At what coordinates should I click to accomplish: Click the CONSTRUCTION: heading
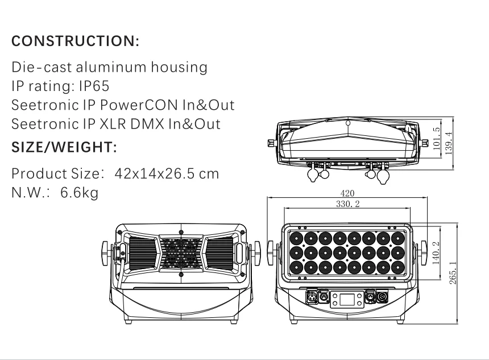tap(75, 41)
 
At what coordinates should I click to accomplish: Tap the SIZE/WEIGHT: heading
tap(64, 147)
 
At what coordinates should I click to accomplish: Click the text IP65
tap(94, 86)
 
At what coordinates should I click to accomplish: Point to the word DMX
tap(147, 124)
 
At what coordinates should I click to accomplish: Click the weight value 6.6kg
tap(79, 192)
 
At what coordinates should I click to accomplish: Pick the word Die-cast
tap(42, 67)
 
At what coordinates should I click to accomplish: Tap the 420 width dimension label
tap(347, 193)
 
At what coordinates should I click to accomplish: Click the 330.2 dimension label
tap(348, 204)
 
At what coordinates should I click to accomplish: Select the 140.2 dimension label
tap(436, 253)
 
